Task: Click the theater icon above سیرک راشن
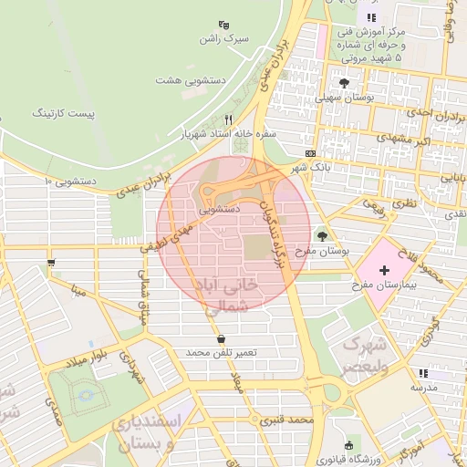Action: click(x=225, y=25)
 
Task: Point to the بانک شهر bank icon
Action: click(x=312, y=153)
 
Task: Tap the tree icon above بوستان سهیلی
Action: click(x=343, y=83)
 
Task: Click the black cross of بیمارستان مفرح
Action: click(x=384, y=270)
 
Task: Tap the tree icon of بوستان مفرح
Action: click(x=321, y=236)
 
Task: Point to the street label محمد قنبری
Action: click(x=286, y=420)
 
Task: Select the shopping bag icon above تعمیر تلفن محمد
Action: click(x=222, y=338)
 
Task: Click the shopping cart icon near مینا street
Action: click(x=50, y=264)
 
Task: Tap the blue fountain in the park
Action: click(x=86, y=397)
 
